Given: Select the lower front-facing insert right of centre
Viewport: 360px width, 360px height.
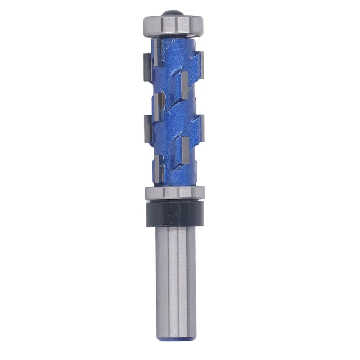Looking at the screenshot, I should [185, 150].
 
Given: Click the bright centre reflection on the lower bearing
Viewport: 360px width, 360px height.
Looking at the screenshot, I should [174, 192].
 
